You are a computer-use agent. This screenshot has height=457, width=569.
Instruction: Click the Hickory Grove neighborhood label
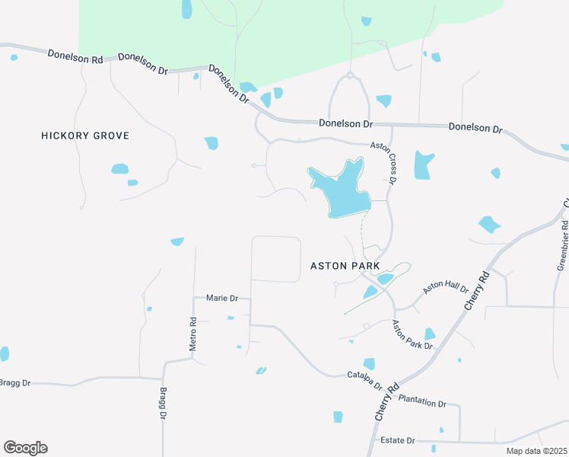pyautogui.click(x=85, y=136)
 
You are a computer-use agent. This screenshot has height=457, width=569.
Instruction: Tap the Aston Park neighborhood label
pyautogui.click(x=345, y=266)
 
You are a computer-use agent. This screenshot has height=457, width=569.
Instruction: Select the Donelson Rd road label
pyautogui.click(x=75, y=56)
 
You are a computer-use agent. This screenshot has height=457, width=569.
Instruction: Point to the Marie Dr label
pyautogui.click(x=222, y=298)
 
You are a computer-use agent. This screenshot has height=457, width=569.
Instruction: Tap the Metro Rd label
pyautogui.click(x=193, y=333)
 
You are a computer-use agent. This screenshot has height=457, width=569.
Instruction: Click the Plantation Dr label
pyautogui.click(x=422, y=401)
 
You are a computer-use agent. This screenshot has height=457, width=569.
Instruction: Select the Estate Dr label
pyautogui.click(x=398, y=440)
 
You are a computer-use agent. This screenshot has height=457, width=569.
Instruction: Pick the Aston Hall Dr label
pyautogui.click(x=446, y=287)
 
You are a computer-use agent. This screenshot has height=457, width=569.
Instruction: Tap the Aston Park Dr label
pyautogui.click(x=412, y=335)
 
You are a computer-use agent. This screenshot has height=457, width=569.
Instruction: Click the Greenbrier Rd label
pyautogui.click(x=562, y=245)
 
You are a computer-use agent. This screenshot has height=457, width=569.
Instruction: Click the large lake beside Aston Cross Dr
pyautogui.click(x=341, y=189)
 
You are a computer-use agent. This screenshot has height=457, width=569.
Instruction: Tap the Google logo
pyautogui.click(x=25, y=447)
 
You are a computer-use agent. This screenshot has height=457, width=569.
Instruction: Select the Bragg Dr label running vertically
pyautogui.click(x=162, y=404)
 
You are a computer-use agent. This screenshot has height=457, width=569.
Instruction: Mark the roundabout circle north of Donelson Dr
pyautogui.click(x=350, y=75)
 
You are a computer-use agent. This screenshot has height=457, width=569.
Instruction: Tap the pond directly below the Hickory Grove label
pyautogui.click(x=120, y=168)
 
